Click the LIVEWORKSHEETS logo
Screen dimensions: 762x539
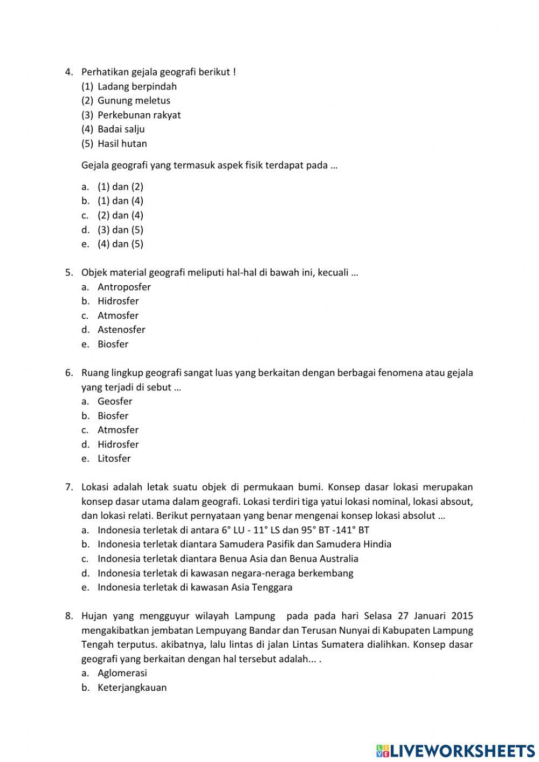[455, 750]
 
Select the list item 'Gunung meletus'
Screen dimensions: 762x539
[134, 100]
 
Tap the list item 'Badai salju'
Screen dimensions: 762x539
[121, 129]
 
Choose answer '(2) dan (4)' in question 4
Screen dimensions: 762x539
[120, 215]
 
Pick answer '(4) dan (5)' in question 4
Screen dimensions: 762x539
[120, 244]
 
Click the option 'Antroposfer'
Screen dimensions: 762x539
[124, 287]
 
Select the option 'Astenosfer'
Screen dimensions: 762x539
[121, 329]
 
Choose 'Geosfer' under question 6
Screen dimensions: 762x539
[115, 401]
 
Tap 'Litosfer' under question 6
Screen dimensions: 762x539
[114, 458]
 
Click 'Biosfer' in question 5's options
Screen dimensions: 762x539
[113, 344]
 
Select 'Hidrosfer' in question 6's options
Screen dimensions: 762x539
[118, 444]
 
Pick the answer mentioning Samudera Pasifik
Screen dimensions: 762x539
[244, 544]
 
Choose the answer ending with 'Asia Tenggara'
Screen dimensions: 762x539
[195, 587]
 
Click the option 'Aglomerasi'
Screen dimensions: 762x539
[122, 673]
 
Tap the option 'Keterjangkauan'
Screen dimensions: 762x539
[132, 688]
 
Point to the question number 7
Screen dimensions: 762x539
[69, 487]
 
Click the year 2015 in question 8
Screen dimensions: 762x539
[462, 616]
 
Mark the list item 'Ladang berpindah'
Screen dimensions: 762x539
[137, 86]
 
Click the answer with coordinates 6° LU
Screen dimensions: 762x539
[233, 530]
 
